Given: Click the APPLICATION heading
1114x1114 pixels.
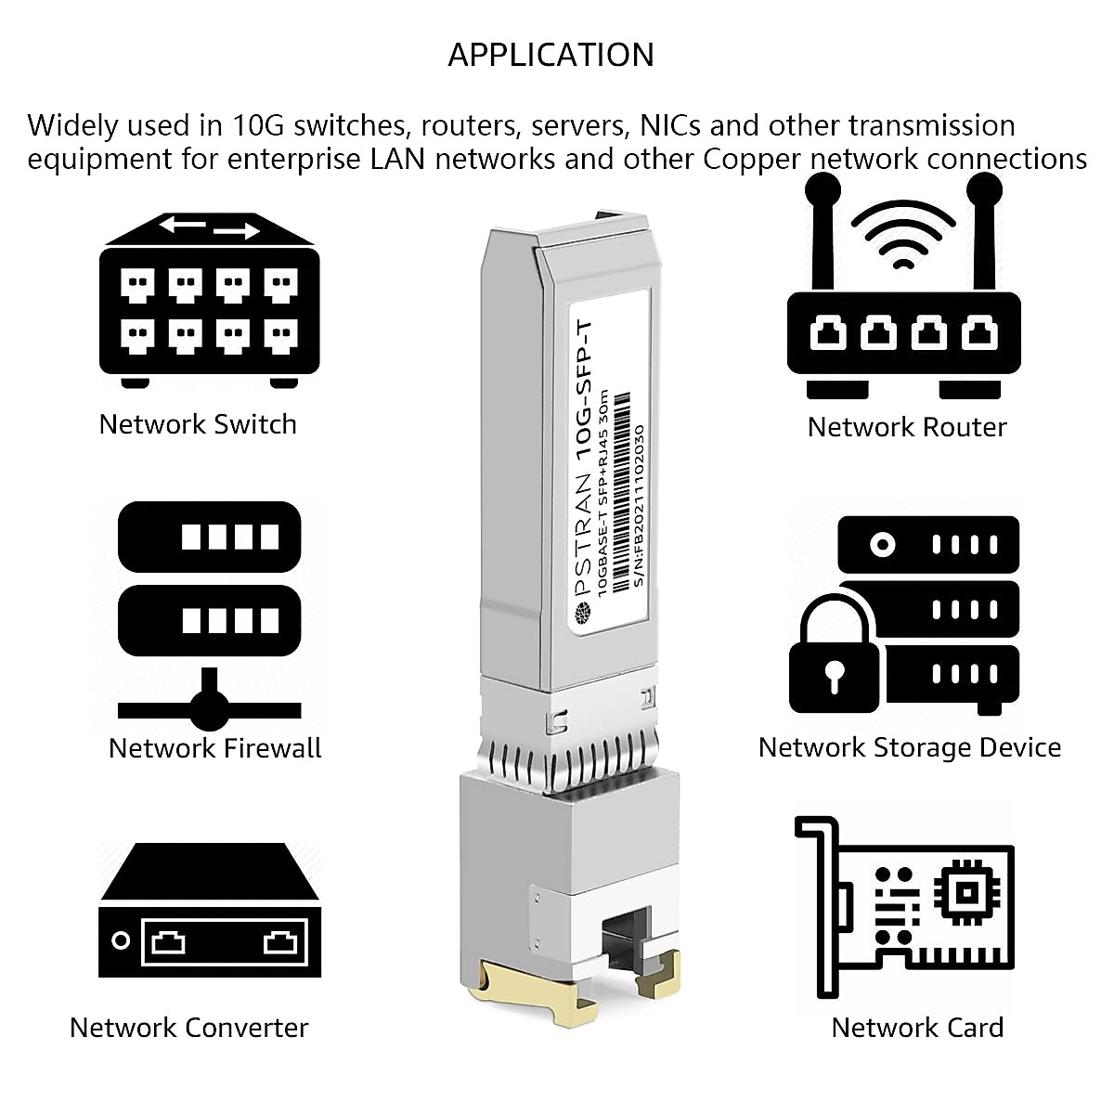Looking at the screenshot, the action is [x=551, y=55].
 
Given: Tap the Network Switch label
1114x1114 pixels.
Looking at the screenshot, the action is [x=198, y=424].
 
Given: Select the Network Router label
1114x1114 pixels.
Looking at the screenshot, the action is [x=907, y=427].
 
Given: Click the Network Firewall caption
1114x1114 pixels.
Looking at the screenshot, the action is [x=214, y=748].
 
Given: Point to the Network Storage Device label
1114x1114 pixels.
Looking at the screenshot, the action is [x=910, y=747].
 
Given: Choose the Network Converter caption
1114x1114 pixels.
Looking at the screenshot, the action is [x=189, y=1028].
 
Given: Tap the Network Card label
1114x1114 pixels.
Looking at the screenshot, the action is [x=917, y=1028].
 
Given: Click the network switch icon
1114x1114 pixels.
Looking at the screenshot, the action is [x=209, y=300].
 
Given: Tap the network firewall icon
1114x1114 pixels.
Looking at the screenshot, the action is [x=209, y=616].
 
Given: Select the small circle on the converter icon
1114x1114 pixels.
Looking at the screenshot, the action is [x=121, y=940].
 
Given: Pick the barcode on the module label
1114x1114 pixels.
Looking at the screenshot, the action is [x=620, y=492].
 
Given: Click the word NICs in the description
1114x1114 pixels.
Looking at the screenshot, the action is [x=670, y=125].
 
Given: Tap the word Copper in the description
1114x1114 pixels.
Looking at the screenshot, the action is [x=752, y=160].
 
